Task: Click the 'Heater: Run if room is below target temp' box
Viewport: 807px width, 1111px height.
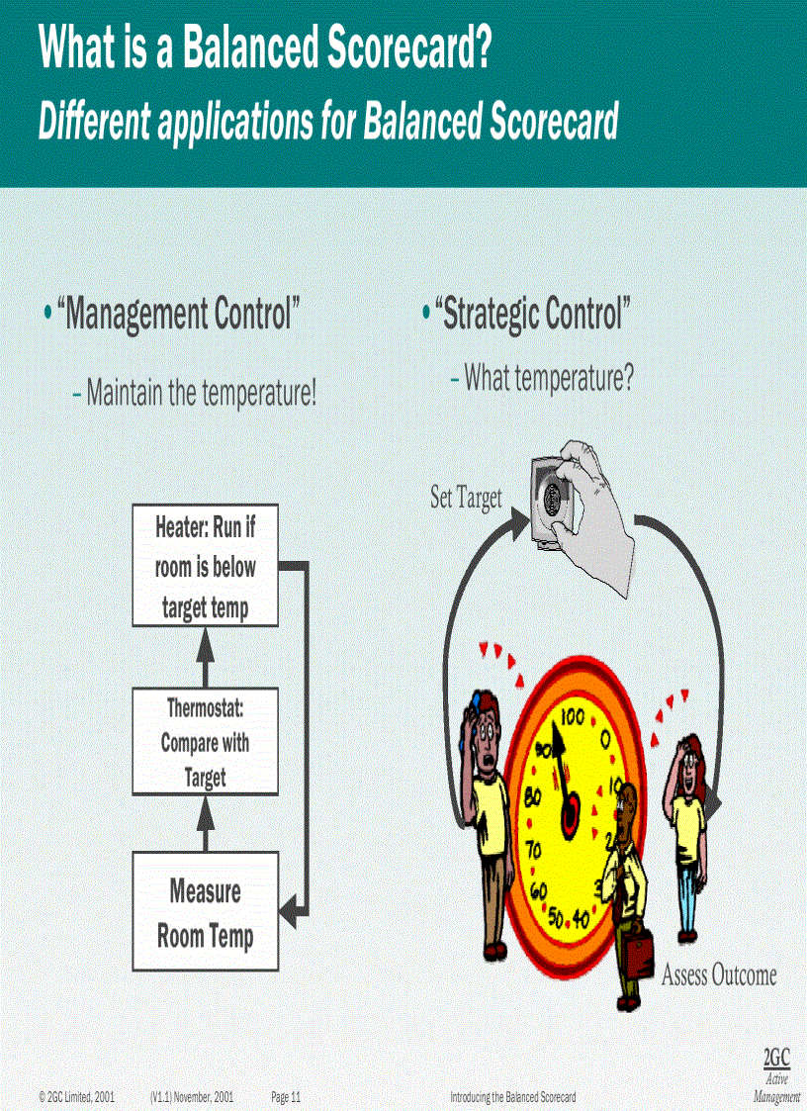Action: tap(206, 566)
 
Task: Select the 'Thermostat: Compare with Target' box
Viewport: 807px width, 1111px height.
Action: tap(206, 742)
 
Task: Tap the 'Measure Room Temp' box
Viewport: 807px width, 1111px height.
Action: tap(206, 912)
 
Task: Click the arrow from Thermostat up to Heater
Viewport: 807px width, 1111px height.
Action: tap(206, 657)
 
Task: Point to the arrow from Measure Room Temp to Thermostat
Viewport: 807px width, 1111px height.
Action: tap(206, 822)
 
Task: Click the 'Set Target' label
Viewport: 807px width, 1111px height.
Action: tap(466, 498)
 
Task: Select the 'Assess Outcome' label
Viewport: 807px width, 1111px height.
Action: tap(719, 975)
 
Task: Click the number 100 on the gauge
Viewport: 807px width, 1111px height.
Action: tap(574, 716)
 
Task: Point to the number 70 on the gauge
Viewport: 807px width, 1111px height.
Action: tap(533, 850)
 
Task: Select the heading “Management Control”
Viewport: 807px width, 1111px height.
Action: tap(178, 316)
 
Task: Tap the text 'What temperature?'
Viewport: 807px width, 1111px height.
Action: tap(548, 377)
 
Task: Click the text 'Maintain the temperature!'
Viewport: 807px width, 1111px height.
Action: tap(202, 394)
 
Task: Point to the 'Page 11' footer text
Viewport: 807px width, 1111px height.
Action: tap(286, 1097)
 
